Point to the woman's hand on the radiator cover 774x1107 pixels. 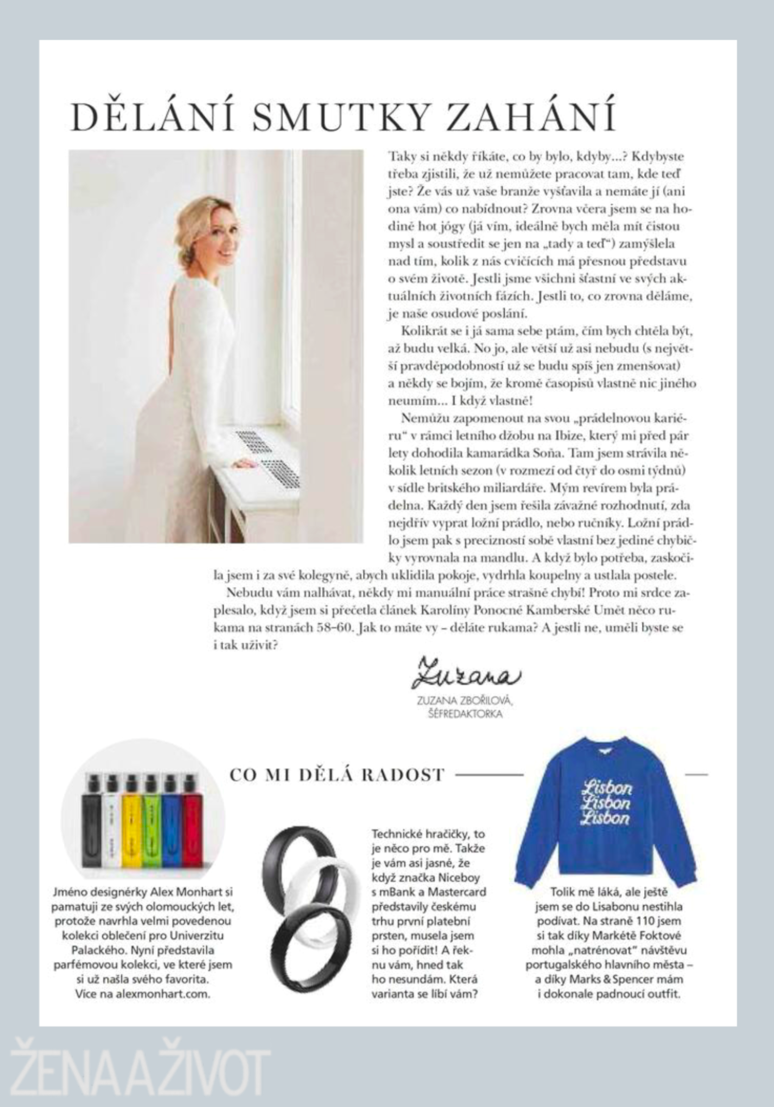[x=244, y=464]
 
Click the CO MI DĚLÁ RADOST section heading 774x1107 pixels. [x=336, y=775]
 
